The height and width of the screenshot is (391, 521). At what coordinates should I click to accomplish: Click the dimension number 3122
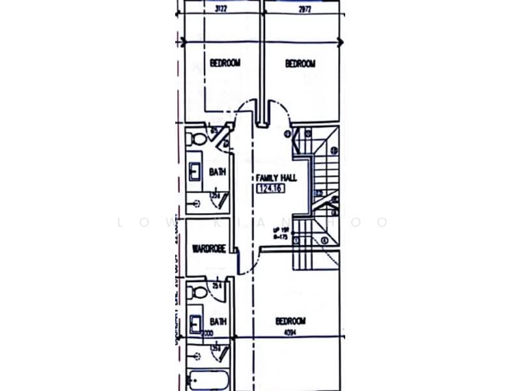(225, 9)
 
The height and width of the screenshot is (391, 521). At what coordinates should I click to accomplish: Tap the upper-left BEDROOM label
(225, 63)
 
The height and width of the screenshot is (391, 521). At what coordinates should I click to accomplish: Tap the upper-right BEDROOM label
(300, 63)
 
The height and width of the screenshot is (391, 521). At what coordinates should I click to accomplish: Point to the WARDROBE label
(208, 248)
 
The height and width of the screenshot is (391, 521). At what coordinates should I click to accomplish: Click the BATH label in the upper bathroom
(217, 171)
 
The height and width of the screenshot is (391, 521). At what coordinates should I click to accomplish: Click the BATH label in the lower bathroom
(217, 321)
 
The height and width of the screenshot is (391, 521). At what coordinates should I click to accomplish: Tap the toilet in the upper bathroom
(196, 138)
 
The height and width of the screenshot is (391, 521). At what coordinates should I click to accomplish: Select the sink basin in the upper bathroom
(195, 171)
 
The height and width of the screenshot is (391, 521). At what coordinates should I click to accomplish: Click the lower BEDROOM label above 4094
(290, 321)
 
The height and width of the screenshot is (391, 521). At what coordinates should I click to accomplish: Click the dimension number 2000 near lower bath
(208, 333)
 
